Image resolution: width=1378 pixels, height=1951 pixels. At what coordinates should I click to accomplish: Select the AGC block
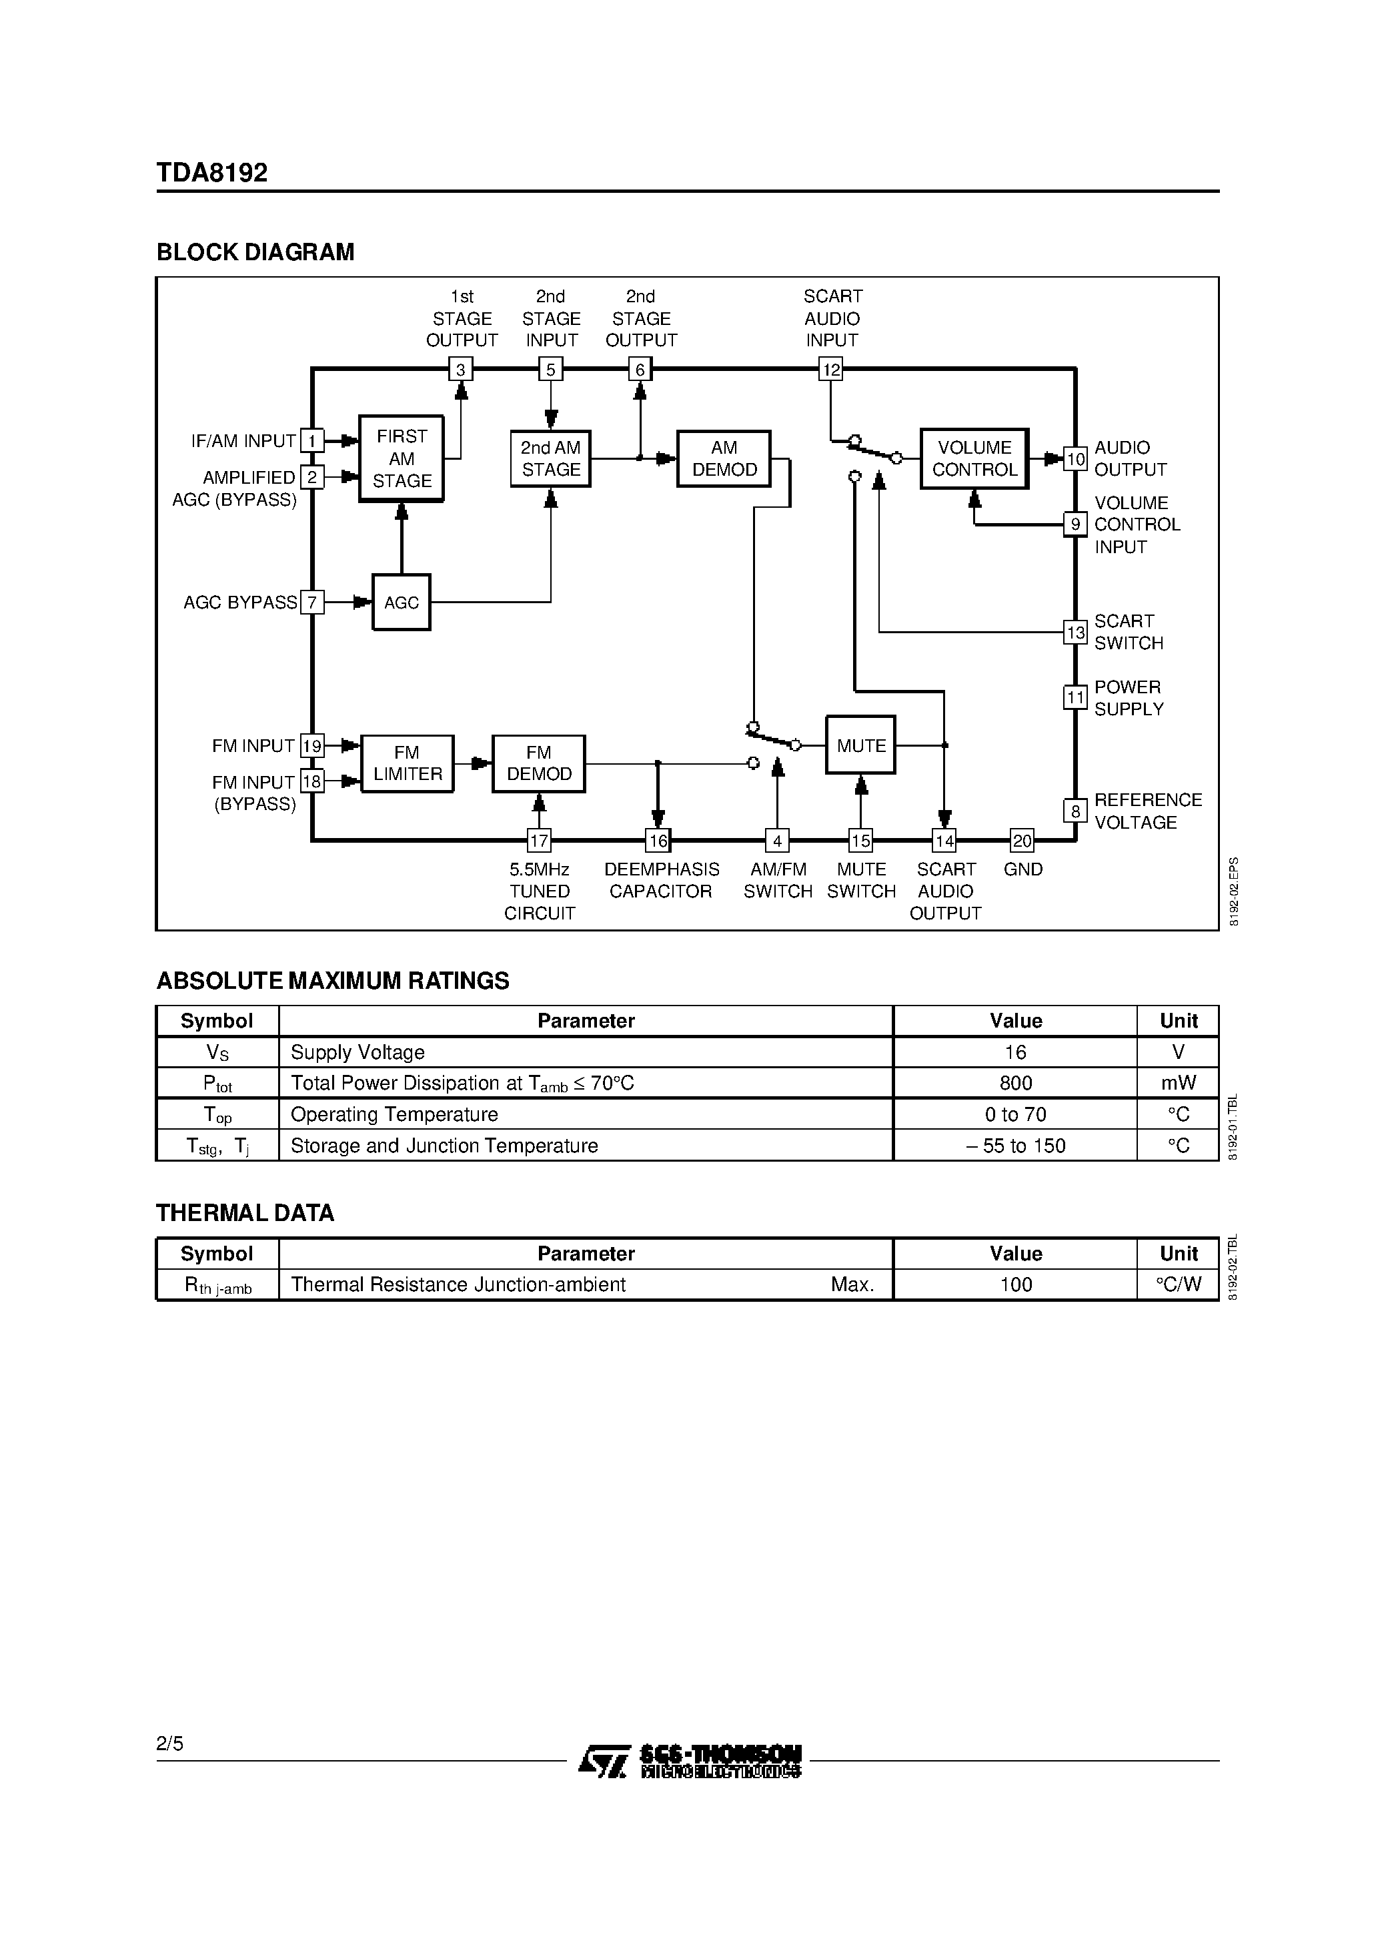(401, 603)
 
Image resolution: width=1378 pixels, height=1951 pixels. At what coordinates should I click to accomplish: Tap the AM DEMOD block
(724, 459)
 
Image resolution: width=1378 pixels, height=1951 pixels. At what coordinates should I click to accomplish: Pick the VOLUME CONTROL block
(974, 459)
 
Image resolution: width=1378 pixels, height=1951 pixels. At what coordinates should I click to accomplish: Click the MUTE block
(860, 745)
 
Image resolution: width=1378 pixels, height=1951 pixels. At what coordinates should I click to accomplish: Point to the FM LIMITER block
(407, 763)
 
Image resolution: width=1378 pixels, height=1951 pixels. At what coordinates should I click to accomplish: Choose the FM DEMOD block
(539, 763)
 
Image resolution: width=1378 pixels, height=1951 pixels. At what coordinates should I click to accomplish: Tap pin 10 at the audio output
(1076, 460)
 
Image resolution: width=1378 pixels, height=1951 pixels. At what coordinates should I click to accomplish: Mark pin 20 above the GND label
(1022, 841)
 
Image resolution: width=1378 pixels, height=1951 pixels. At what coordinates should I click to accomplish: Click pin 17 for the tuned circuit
(540, 841)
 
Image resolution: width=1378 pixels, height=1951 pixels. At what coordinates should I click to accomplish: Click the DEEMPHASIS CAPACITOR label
(661, 880)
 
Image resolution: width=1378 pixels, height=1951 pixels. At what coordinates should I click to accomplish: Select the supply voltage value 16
(1015, 1052)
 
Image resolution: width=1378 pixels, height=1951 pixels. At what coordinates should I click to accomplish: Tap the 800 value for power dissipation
(1015, 1082)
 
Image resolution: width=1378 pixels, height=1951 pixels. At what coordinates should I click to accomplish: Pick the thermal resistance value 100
(1015, 1284)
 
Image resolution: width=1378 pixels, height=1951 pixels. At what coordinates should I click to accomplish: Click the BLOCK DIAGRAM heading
(255, 252)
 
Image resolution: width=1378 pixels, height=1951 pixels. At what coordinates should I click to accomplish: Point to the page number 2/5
(170, 1743)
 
